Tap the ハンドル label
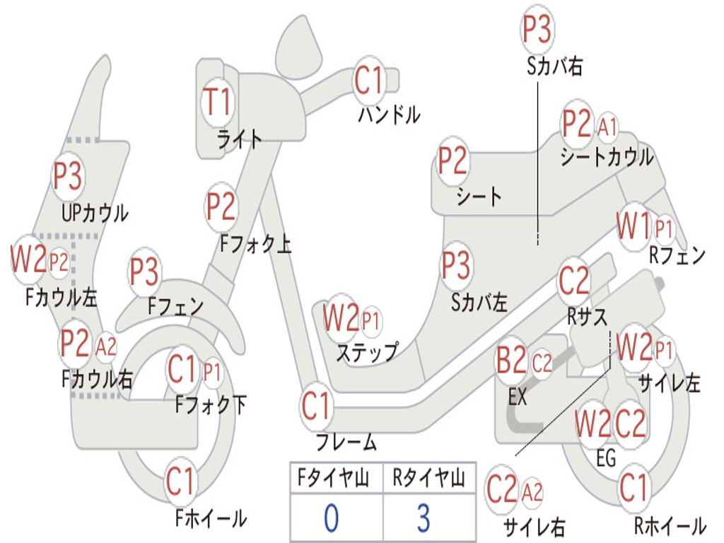pyautogui.click(x=390, y=114)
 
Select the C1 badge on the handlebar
pyautogui.click(x=368, y=81)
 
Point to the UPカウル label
pyautogui.click(x=95, y=212)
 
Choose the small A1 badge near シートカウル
pyautogui.click(x=607, y=128)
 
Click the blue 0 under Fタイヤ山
pyautogui.click(x=332, y=518)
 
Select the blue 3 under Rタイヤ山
pyautogui.click(x=423, y=518)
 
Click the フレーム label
pyautogui.click(x=346, y=443)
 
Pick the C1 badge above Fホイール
pyautogui.click(x=180, y=482)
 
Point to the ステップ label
pyautogui.click(x=367, y=351)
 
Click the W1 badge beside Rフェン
pyautogui.click(x=633, y=228)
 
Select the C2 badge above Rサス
pyautogui.click(x=573, y=281)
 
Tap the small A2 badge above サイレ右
pyautogui.click(x=532, y=491)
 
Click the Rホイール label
pyautogui.click(x=669, y=525)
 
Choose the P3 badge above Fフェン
pyautogui.click(x=144, y=272)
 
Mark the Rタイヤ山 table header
pyautogui.click(x=428, y=479)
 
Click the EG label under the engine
pyautogui.click(x=606, y=458)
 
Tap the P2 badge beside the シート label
pyautogui.click(x=452, y=161)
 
